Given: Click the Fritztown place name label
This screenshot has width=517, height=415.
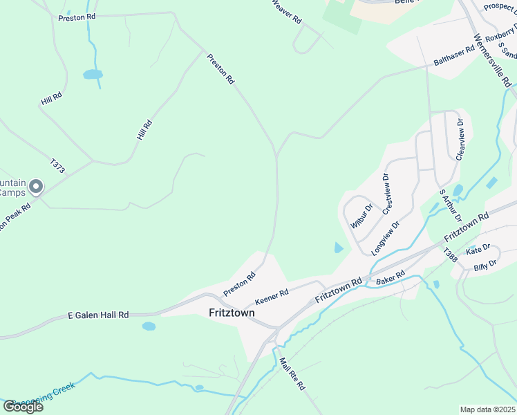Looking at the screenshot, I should pyautogui.click(x=232, y=313).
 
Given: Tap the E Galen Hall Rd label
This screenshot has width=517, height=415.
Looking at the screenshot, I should pyautogui.click(x=98, y=315).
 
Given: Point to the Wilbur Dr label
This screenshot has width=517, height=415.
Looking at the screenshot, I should pyautogui.click(x=361, y=215).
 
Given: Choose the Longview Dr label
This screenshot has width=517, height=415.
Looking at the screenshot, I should pyautogui.click(x=385, y=238).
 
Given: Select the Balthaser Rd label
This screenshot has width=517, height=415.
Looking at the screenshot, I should pyautogui.click(x=454, y=55).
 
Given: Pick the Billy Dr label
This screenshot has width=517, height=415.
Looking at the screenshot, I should pyautogui.click(x=485, y=265).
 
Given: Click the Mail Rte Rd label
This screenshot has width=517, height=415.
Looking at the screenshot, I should pyautogui.click(x=292, y=374).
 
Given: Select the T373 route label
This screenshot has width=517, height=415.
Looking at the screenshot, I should pyautogui.click(x=57, y=167).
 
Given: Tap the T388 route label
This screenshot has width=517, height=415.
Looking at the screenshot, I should pyautogui.click(x=450, y=255).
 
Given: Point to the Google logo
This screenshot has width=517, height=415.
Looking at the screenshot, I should pyautogui.click(x=23, y=407).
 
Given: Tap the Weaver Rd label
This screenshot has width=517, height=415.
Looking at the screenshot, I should pyautogui.click(x=286, y=11).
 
